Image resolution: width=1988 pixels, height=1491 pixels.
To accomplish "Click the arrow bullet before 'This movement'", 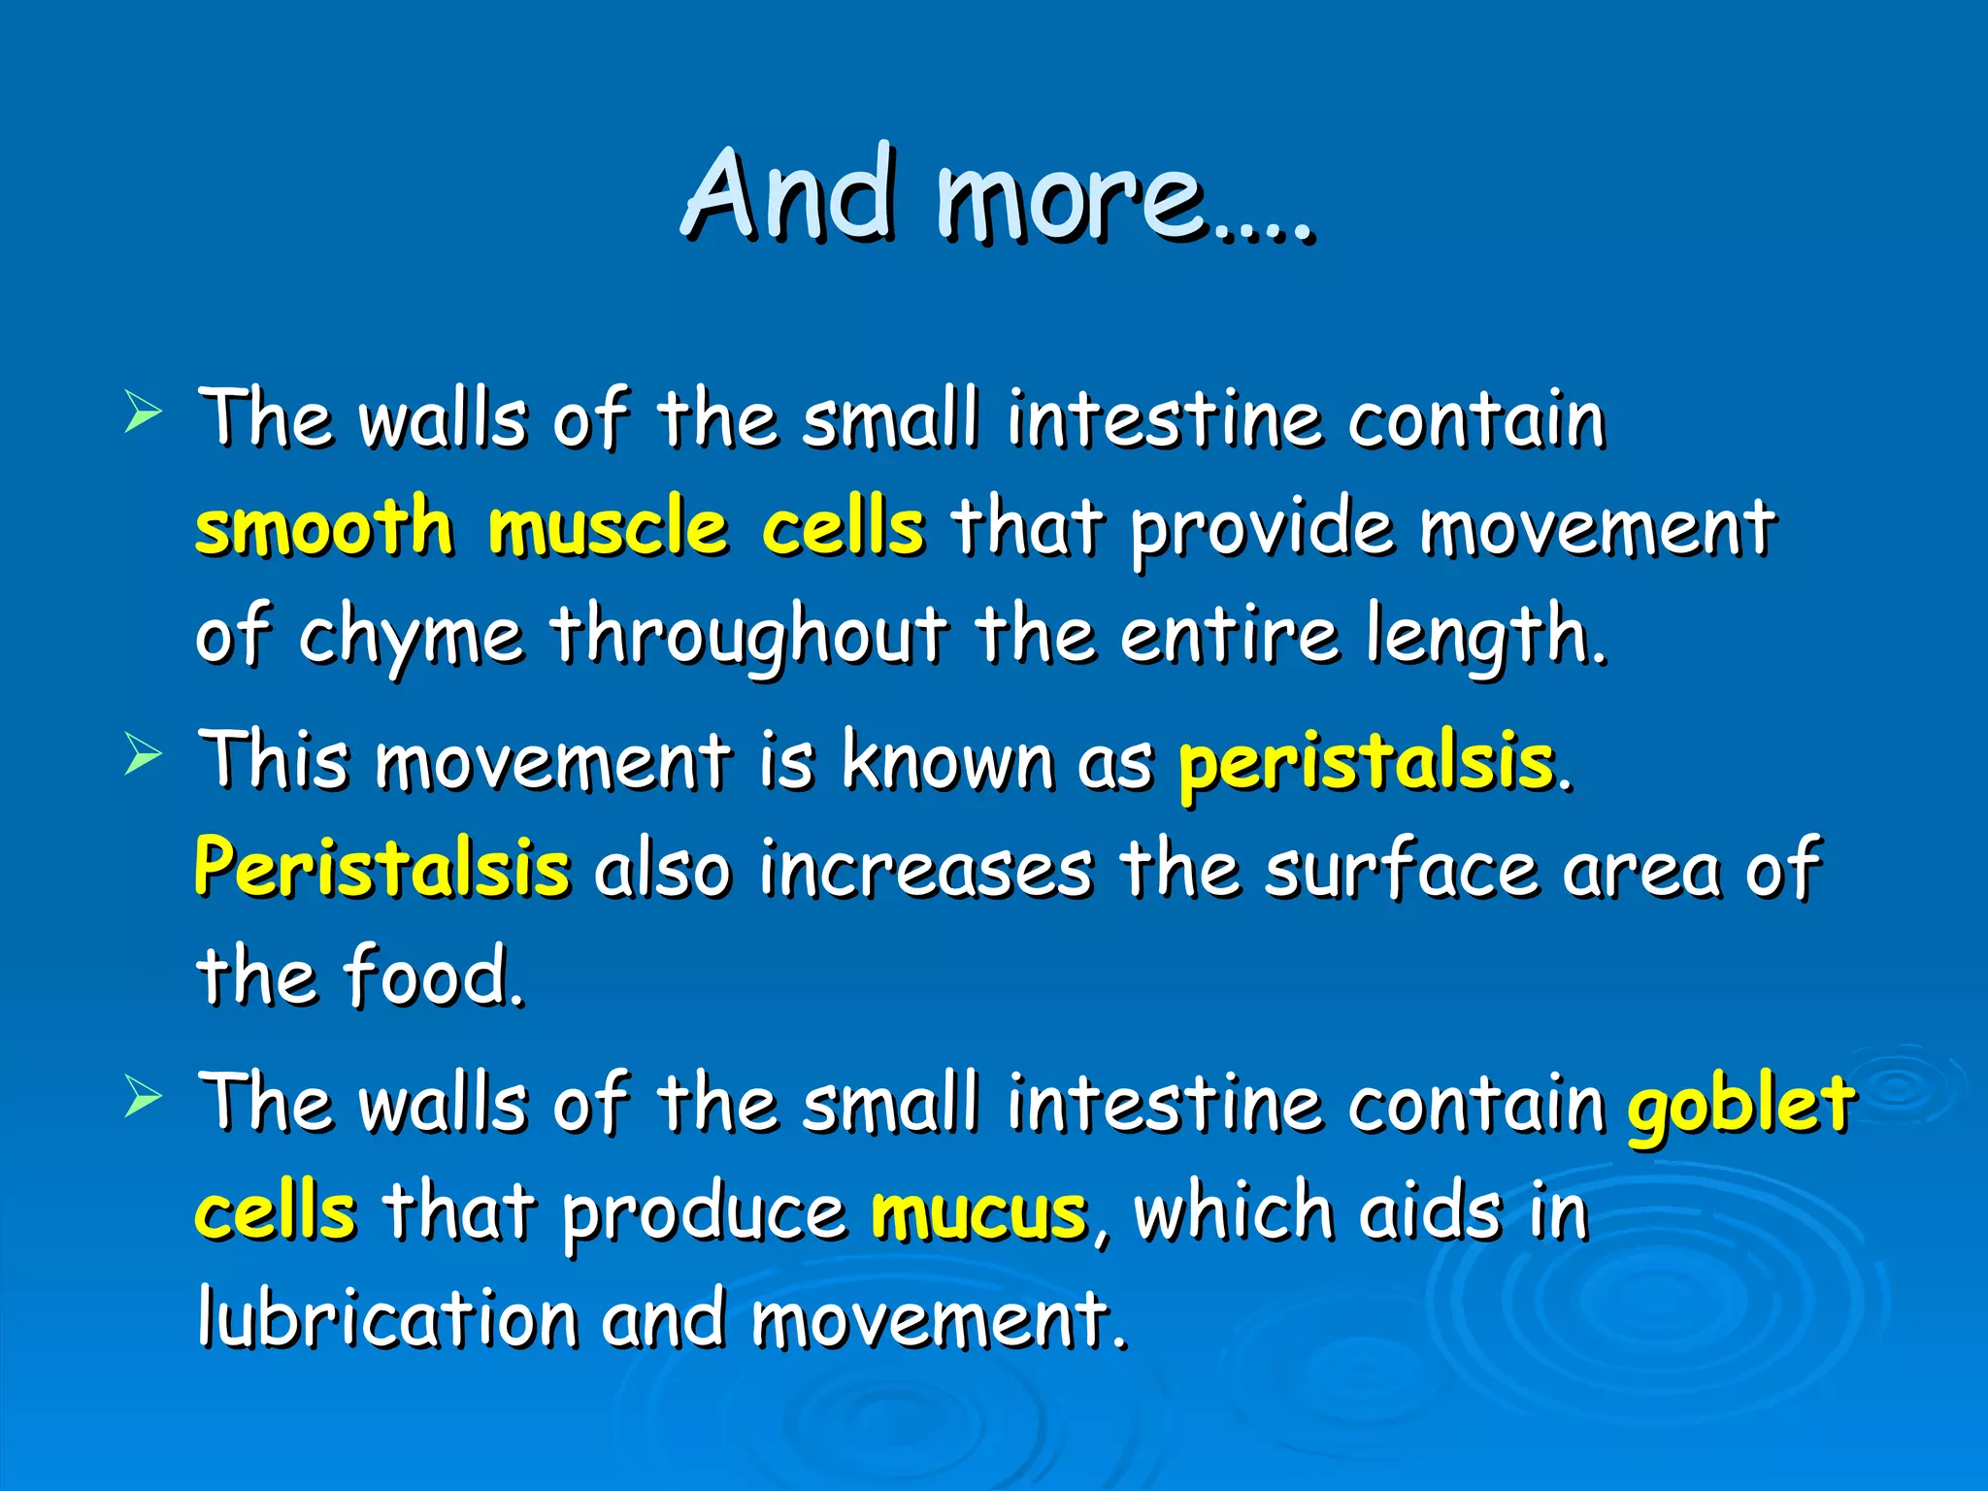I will coord(143,754).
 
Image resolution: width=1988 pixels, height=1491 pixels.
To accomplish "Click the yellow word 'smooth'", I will coord(324,527).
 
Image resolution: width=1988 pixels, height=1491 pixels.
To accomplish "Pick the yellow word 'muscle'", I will coord(608,527).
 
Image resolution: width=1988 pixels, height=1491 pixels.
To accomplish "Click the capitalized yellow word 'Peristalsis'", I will coord(382,867).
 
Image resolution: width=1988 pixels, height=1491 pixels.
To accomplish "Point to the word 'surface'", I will coord(1401,867).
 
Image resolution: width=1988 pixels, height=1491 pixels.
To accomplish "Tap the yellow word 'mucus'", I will coord(978,1213).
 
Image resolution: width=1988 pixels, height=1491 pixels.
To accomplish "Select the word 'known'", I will coord(947,760).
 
